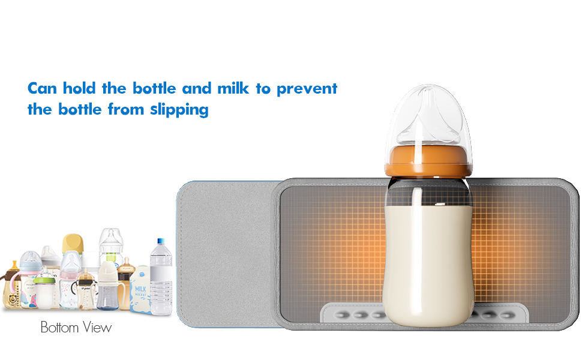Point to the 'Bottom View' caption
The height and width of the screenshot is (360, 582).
[76, 328]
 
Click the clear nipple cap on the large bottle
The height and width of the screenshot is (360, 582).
[427, 117]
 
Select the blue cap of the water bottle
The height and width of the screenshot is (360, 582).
[160, 241]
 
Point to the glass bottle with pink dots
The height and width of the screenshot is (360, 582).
[69, 288]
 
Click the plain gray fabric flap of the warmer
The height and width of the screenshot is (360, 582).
[225, 252]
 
